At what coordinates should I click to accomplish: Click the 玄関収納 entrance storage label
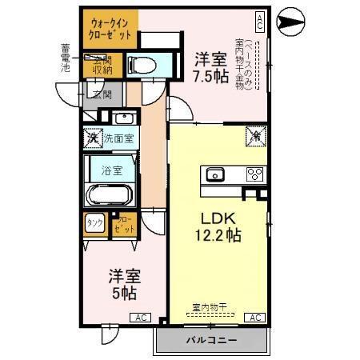pyautogui.click(x=102, y=64)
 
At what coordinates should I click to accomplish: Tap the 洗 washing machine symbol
pyautogui.click(x=93, y=138)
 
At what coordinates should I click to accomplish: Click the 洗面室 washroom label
pyautogui.click(x=122, y=138)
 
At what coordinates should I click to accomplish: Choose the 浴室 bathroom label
pyautogui.click(x=111, y=170)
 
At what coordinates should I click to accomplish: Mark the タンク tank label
pyautogui.click(x=94, y=224)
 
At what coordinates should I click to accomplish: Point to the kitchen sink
pyautogui.click(x=214, y=175)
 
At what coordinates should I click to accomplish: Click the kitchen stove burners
pyautogui.click(x=255, y=174)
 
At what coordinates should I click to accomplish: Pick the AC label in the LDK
pyautogui.click(x=254, y=318)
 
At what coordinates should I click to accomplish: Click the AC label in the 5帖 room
pyautogui.click(x=141, y=318)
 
